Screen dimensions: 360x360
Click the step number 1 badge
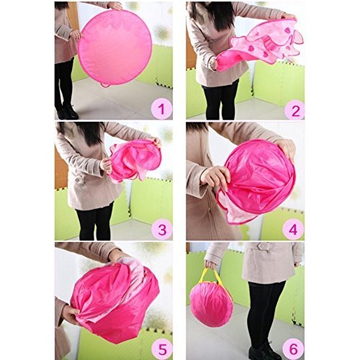coord(161,109)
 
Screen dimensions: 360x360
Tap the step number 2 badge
coord(294,109)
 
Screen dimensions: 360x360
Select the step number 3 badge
coord(161,229)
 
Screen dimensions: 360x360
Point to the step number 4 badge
coord(294,229)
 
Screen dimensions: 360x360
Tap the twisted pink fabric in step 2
coord(259,45)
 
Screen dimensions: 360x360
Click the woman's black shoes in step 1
coord(67,112)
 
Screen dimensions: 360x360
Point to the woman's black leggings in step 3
coord(95,220)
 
